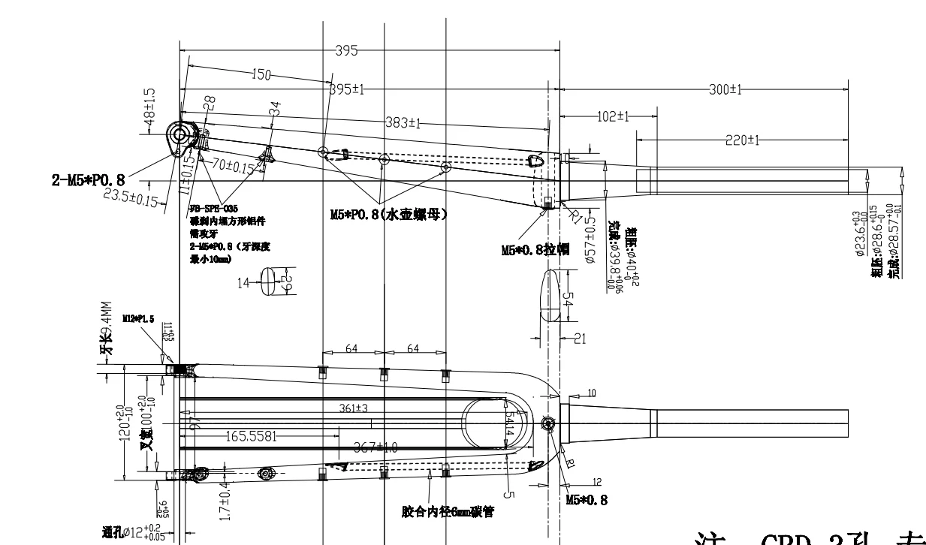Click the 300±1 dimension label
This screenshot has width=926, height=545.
[x=725, y=89]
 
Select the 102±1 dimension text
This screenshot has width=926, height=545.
[x=614, y=116]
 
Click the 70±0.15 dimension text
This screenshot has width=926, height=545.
[x=232, y=166]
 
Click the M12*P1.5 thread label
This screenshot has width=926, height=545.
[x=139, y=319]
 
